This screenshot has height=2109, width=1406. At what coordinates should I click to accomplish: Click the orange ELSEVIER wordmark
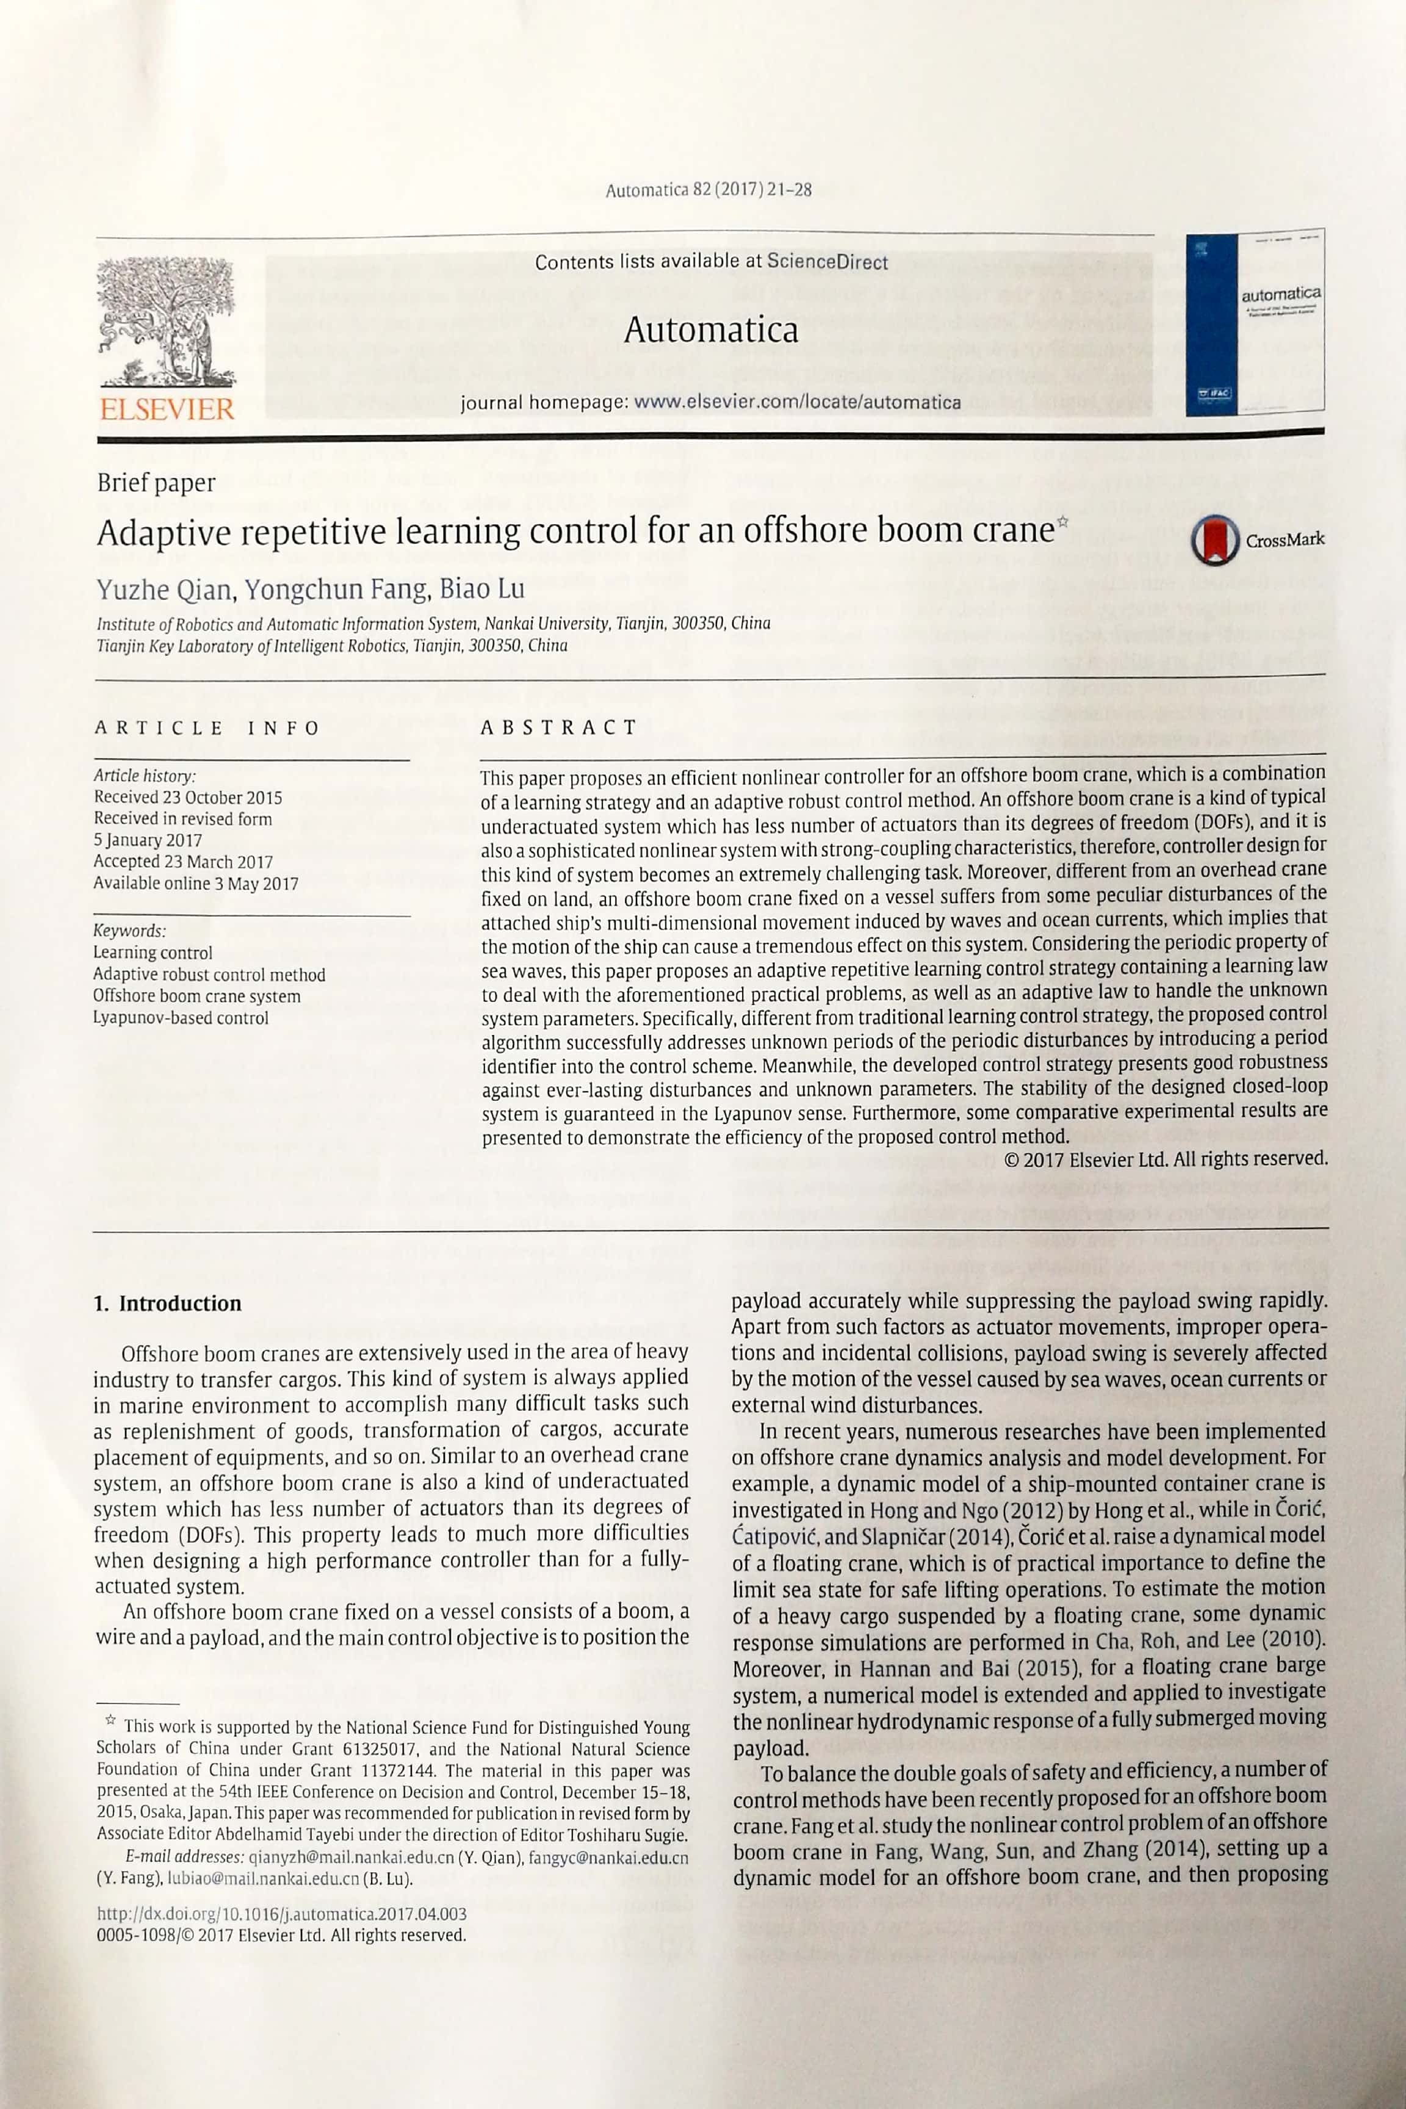(x=167, y=410)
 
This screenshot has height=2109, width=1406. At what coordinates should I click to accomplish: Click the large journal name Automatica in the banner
(x=710, y=330)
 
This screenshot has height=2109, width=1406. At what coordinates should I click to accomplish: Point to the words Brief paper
(x=156, y=483)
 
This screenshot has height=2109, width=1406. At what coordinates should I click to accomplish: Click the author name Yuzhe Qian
(x=166, y=589)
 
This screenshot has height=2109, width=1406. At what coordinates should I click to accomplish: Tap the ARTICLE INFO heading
(x=207, y=727)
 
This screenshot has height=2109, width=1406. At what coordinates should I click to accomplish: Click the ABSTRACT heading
(x=558, y=727)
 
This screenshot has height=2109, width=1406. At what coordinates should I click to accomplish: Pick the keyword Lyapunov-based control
(x=180, y=1018)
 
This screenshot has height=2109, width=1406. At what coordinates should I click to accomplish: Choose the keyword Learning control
(x=153, y=952)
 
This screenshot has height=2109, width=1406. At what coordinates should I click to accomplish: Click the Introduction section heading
(x=168, y=1303)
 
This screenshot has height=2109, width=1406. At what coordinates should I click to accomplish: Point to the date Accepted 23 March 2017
(x=183, y=862)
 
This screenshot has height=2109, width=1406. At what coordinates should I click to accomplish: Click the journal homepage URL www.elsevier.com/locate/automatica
(x=797, y=402)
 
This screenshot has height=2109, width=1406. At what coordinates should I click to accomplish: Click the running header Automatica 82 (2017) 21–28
(x=708, y=190)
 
